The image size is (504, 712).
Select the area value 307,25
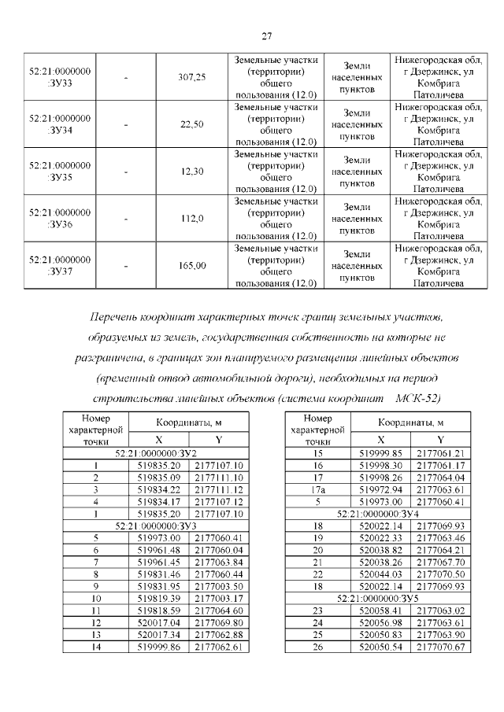[x=192, y=77]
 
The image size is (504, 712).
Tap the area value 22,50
[x=192, y=124]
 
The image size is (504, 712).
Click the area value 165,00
[x=192, y=266]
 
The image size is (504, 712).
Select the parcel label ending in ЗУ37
[x=60, y=266]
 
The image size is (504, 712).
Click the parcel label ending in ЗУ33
[x=60, y=77]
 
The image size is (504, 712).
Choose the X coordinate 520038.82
[x=380, y=547]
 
